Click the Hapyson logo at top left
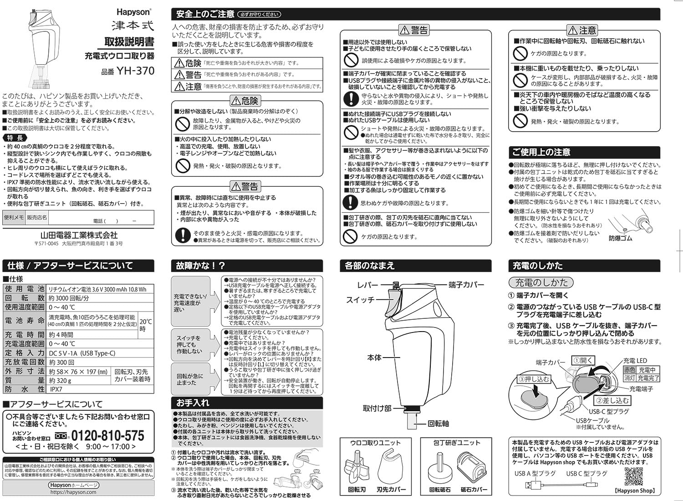click(x=133, y=12)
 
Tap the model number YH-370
click(x=135, y=71)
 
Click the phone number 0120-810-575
click(x=107, y=436)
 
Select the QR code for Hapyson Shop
click(x=633, y=477)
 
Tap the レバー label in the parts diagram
click(x=367, y=285)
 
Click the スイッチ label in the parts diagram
click(x=360, y=300)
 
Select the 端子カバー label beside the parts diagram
click(x=466, y=285)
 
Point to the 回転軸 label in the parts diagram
click(x=438, y=424)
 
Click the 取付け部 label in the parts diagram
click(x=377, y=408)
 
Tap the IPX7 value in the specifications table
click(x=56, y=389)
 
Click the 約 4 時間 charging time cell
click(x=61, y=335)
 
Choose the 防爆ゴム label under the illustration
click(x=620, y=238)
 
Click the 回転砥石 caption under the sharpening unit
click(x=440, y=490)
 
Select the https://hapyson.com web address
click(x=73, y=492)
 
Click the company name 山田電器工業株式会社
click(x=79, y=235)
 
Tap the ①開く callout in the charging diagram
click(x=583, y=360)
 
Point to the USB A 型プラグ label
click(x=535, y=474)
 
